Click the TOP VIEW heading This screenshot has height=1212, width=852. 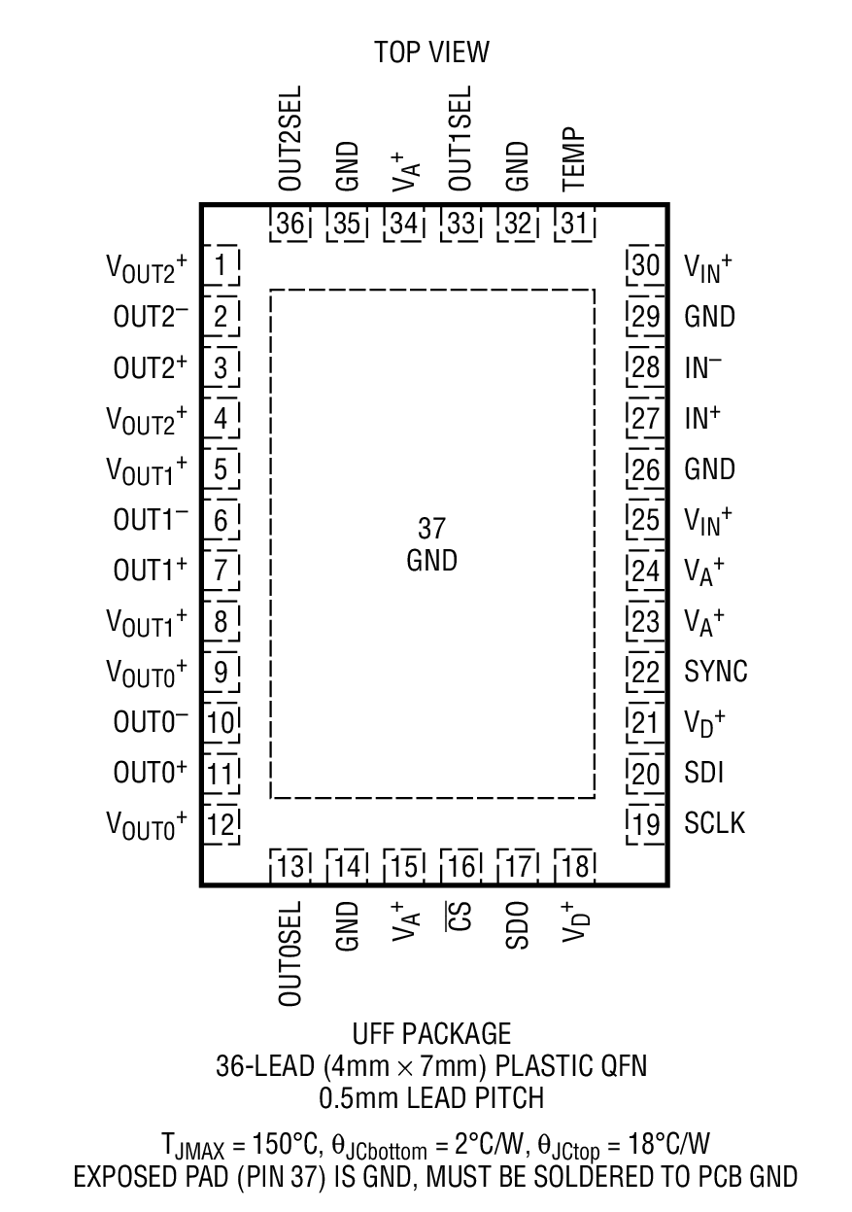pyautogui.click(x=431, y=52)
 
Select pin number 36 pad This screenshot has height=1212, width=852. pyautogui.click(x=290, y=224)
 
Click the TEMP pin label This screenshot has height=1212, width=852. pyautogui.click(x=574, y=157)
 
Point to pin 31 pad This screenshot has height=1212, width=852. pyautogui.click(x=574, y=224)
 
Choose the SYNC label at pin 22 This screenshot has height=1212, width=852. pyautogui.click(x=716, y=672)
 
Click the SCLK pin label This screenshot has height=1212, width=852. pyautogui.click(x=715, y=823)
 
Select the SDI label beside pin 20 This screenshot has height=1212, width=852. pyautogui.click(x=703, y=773)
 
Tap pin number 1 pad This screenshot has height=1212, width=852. pyautogui.click(x=222, y=265)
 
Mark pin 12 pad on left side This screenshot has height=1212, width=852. pyautogui.click(x=222, y=825)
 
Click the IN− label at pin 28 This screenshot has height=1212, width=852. pyautogui.click(x=703, y=367)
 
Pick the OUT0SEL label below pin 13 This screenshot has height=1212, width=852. pyautogui.click(x=290, y=952)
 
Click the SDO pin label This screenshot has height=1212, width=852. pyautogui.click(x=517, y=924)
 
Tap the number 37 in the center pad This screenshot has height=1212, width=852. pyautogui.click(x=431, y=529)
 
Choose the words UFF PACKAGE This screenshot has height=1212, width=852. pyautogui.click(x=431, y=1032)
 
